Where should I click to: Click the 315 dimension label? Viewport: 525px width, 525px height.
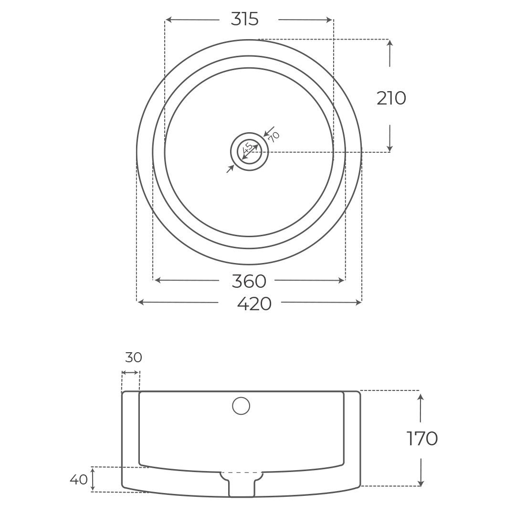tap(244, 19)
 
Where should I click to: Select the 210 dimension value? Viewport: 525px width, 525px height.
tap(391, 98)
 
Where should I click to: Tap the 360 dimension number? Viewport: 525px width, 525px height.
tap(248, 281)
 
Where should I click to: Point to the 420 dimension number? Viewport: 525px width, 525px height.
tap(254, 303)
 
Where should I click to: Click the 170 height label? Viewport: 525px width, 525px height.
tap(422, 439)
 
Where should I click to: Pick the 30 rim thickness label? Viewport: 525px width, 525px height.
tap(134, 357)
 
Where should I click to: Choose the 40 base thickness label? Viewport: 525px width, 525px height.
tap(79, 479)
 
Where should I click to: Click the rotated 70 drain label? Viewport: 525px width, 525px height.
tap(273, 137)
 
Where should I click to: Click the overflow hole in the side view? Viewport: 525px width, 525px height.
tap(241, 406)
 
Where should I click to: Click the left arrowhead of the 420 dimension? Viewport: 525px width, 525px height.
tap(140, 302)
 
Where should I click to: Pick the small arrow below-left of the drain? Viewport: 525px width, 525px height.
tap(231, 168)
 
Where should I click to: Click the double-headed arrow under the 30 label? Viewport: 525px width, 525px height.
tap(130, 372)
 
